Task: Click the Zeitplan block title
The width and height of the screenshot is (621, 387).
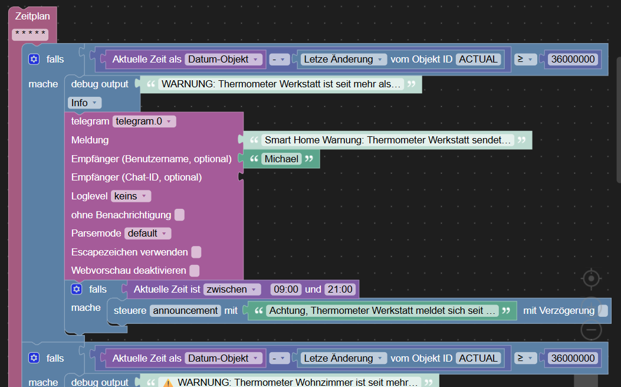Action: click(x=32, y=17)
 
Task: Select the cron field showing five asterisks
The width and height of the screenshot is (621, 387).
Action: click(x=30, y=34)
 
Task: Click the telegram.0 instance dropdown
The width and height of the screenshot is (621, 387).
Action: click(x=144, y=121)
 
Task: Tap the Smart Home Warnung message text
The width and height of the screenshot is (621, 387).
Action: click(x=387, y=140)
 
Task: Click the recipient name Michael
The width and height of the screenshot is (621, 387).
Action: click(x=281, y=159)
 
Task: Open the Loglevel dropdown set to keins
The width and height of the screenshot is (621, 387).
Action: click(x=131, y=196)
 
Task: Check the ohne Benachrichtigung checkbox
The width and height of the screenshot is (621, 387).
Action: click(x=179, y=215)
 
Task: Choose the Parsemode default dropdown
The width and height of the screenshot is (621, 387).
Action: click(x=147, y=233)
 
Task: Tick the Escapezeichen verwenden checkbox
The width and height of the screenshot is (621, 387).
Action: click(x=196, y=252)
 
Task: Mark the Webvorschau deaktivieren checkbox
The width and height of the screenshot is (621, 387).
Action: click(x=195, y=271)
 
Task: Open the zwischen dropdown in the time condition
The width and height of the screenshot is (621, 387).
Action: click(x=232, y=290)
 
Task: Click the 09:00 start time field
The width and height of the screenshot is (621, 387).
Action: click(x=286, y=290)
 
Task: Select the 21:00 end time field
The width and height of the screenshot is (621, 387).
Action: click(x=340, y=290)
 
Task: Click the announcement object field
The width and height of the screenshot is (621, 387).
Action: click(x=185, y=310)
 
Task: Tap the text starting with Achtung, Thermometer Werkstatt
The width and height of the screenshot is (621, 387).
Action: click(x=382, y=310)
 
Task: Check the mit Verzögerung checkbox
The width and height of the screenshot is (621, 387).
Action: click(x=603, y=310)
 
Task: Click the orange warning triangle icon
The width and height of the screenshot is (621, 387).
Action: click(x=168, y=383)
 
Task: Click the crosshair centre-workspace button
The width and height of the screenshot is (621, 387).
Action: click(x=592, y=278)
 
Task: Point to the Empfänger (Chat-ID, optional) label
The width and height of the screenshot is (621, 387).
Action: click(x=137, y=177)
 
